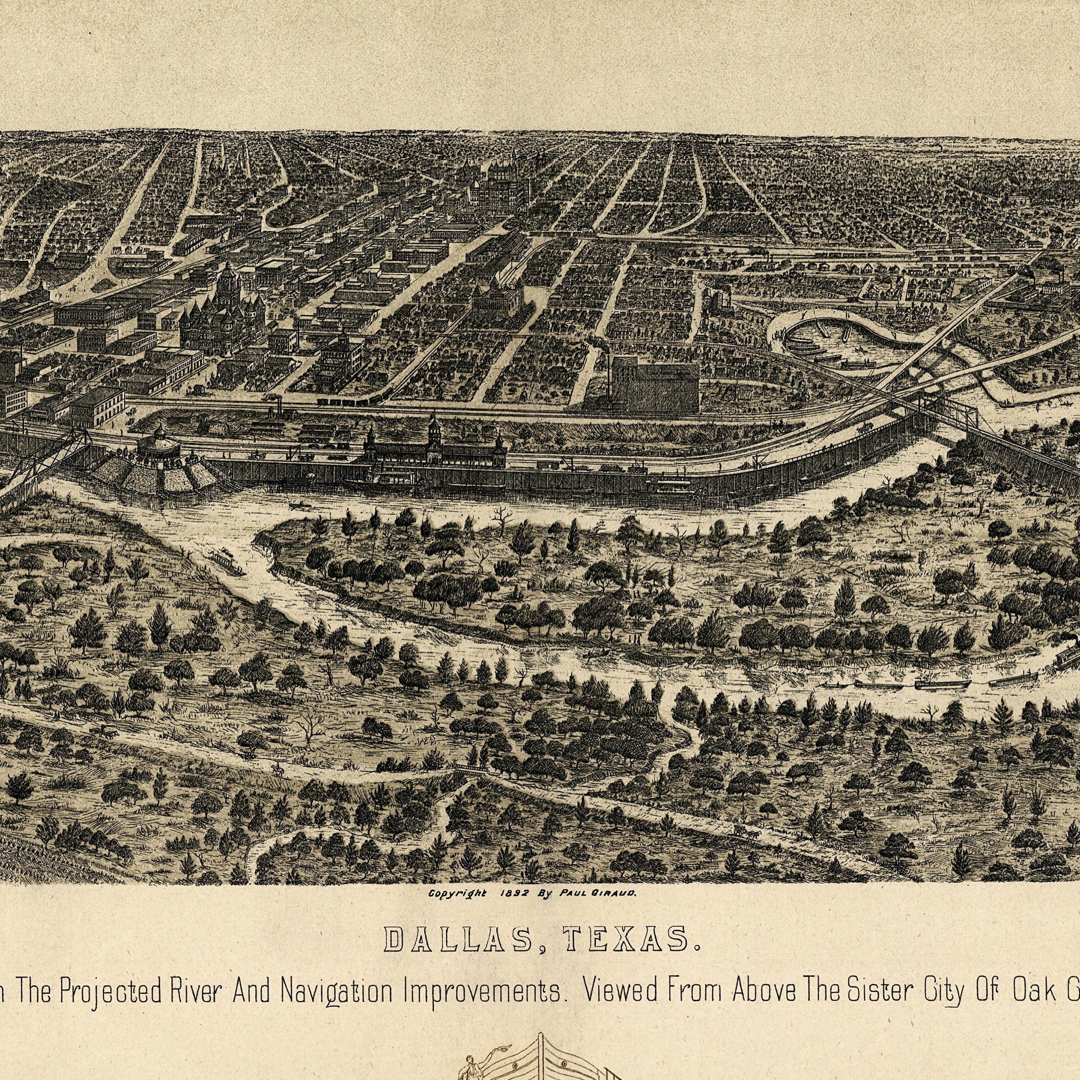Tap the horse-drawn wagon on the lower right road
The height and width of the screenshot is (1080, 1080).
[x=744, y=832]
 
